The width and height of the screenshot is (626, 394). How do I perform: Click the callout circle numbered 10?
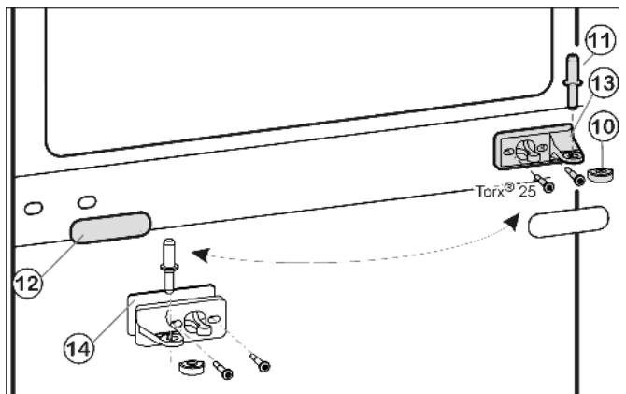pos(604,126)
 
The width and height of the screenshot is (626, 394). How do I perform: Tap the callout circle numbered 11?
pos(600,40)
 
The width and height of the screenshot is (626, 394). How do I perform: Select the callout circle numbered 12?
pos(28,284)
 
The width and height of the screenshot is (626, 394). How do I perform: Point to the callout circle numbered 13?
pos(604,83)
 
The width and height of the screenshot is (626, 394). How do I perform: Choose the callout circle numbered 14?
pos(78,349)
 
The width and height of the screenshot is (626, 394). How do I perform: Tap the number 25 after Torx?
pos(527,192)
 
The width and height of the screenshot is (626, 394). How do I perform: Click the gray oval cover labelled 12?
pos(110,227)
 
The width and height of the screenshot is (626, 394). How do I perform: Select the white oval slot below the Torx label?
pos(568,222)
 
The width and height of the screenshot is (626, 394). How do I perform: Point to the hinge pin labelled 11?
pos(573,81)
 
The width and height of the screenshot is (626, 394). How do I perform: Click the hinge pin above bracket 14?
pos(170,264)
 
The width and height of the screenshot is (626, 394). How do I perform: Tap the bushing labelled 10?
pos(601,175)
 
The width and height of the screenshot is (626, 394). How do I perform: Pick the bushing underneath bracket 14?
pos(192,367)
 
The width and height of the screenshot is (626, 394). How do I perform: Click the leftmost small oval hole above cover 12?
pos(34,209)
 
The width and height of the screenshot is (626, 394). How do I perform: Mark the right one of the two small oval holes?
pos(87,201)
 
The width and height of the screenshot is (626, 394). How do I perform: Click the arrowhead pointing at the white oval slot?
pos(513,221)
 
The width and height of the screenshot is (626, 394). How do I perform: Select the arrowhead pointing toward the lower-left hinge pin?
pos(201,255)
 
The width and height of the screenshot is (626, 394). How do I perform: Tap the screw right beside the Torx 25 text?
pos(543,182)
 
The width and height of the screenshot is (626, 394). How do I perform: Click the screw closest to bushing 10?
pos(575,176)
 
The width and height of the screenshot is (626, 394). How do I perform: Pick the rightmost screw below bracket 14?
pos(260,362)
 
